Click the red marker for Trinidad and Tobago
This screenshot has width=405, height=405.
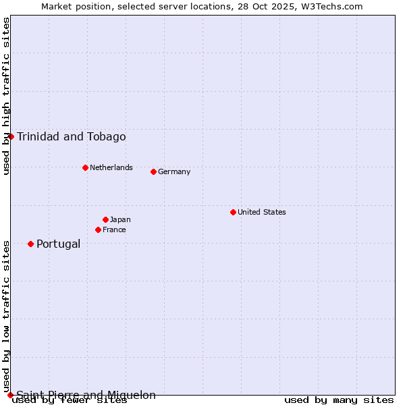pyautogui.click(x=11, y=136)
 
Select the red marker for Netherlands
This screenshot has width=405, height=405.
pyautogui.click(x=85, y=167)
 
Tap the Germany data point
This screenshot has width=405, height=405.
pyautogui.click(x=153, y=171)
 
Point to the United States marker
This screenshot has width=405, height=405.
pyautogui.click(x=233, y=212)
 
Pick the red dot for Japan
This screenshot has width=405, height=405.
pyautogui.click(x=105, y=219)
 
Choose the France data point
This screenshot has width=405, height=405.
pyautogui.click(x=98, y=230)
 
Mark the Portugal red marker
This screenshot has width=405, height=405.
pyautogui.click(x=30, y=244)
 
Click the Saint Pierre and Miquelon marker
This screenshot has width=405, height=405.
pyautogui.click(x=10, y=395)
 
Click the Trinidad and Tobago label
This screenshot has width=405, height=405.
pyautogui.click(x=72, y=137)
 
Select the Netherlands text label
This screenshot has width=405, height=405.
pyautogui.click(x=111, y=167)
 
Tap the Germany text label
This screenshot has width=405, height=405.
pyautogui.click(x=174, y=171)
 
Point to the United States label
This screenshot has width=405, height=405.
pyautogui.click(x=262, y=212)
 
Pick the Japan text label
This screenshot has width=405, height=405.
pyautogui.click(x=120, y=219)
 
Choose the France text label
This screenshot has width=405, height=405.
pyautogui.click(x=114, y=230)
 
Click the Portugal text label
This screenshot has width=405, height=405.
pyautogui.click(x=58, y=244)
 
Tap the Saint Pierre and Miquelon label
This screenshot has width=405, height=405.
pyautogui.click(x=86, y=396)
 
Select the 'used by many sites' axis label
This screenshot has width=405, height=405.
pyautogui.click(x=339, y=400)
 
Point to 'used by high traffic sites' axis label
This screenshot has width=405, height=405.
pyautogui.click(x=6, y=96)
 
